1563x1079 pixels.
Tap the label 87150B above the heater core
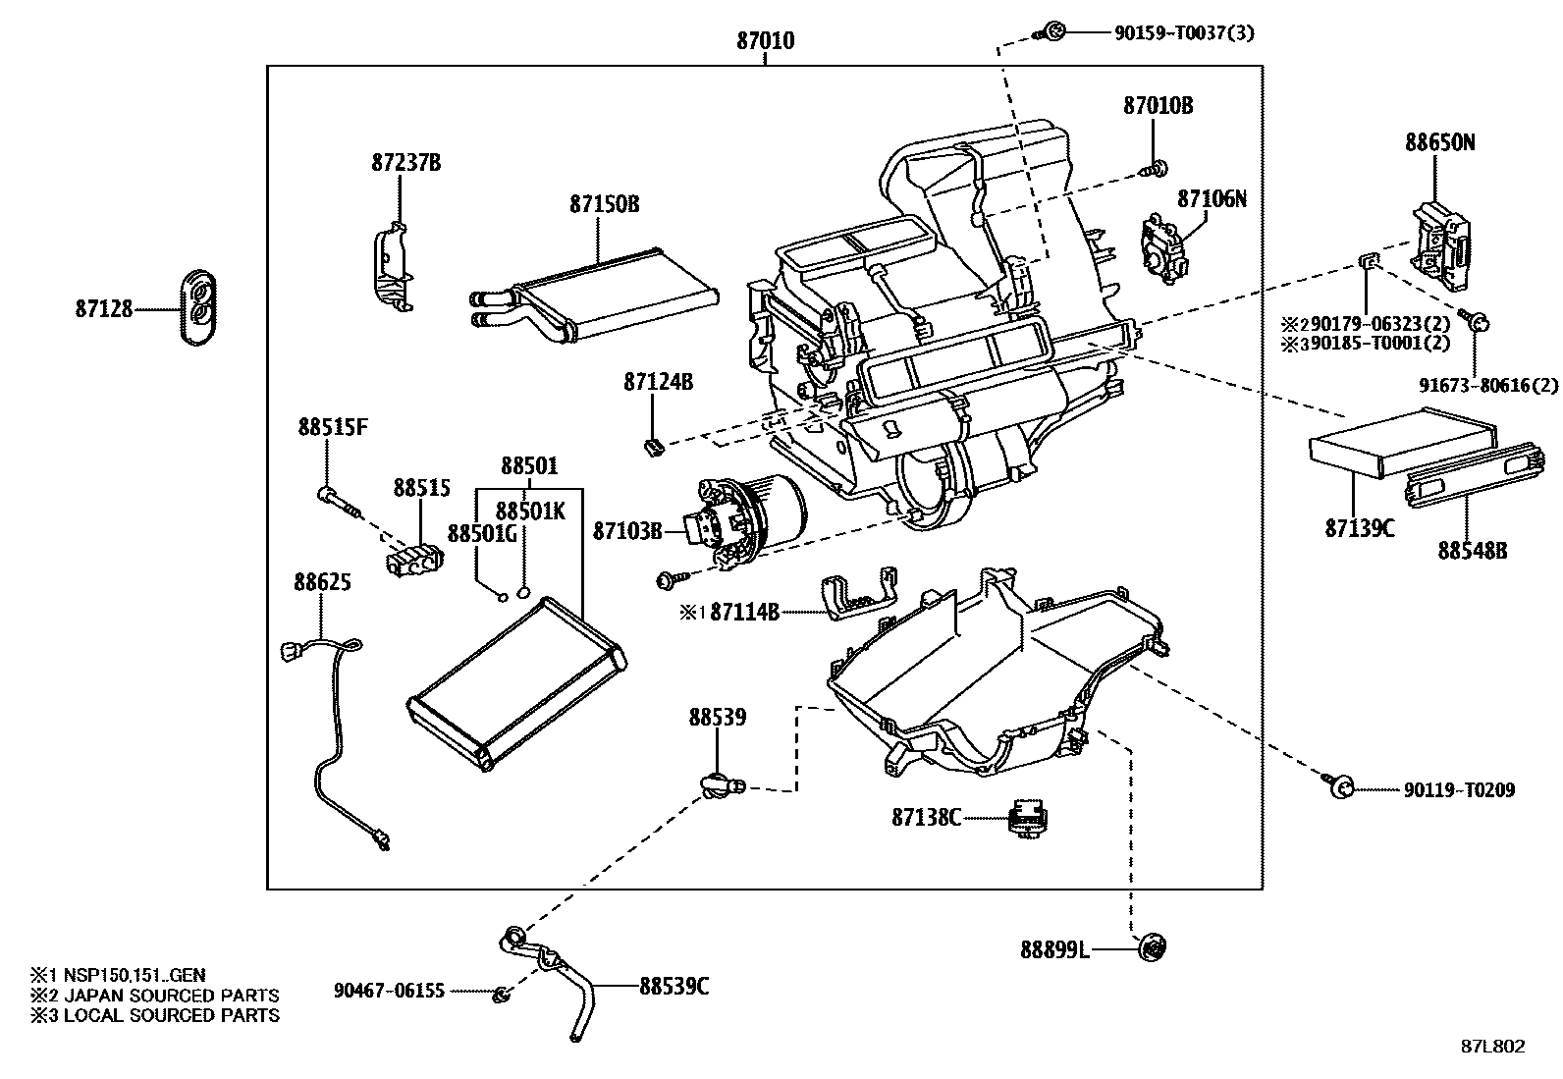pyautogui.click(x=604, y=204)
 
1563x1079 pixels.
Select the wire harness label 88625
pyautogui.click(x=322, y=582)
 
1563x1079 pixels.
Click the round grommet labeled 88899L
pyautogui.click(x=1153, y=948)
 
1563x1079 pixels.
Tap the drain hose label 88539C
pyautogui.click(x=674, y=987)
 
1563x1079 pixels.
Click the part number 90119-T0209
pyautogui.click(x=1458, y=789)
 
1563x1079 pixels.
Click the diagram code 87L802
pyautogui.click(x=1492, y=1047)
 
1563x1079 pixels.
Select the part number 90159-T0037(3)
pyautogui.click(x=1183, y=33)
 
